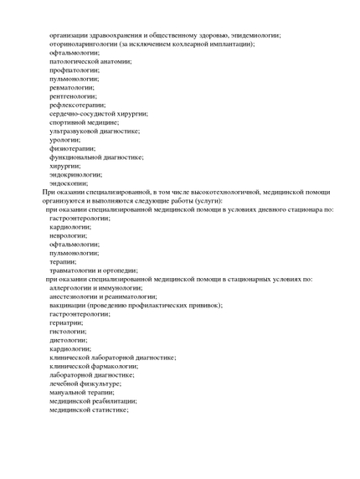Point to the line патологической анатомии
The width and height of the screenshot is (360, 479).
tap(90, 61)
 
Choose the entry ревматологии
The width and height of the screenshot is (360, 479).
tap(72, 87)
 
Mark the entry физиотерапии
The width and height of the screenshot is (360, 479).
tap(72, 148)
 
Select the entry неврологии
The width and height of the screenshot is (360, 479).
tap(70, 235)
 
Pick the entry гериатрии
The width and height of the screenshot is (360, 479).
tap(66, 322)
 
